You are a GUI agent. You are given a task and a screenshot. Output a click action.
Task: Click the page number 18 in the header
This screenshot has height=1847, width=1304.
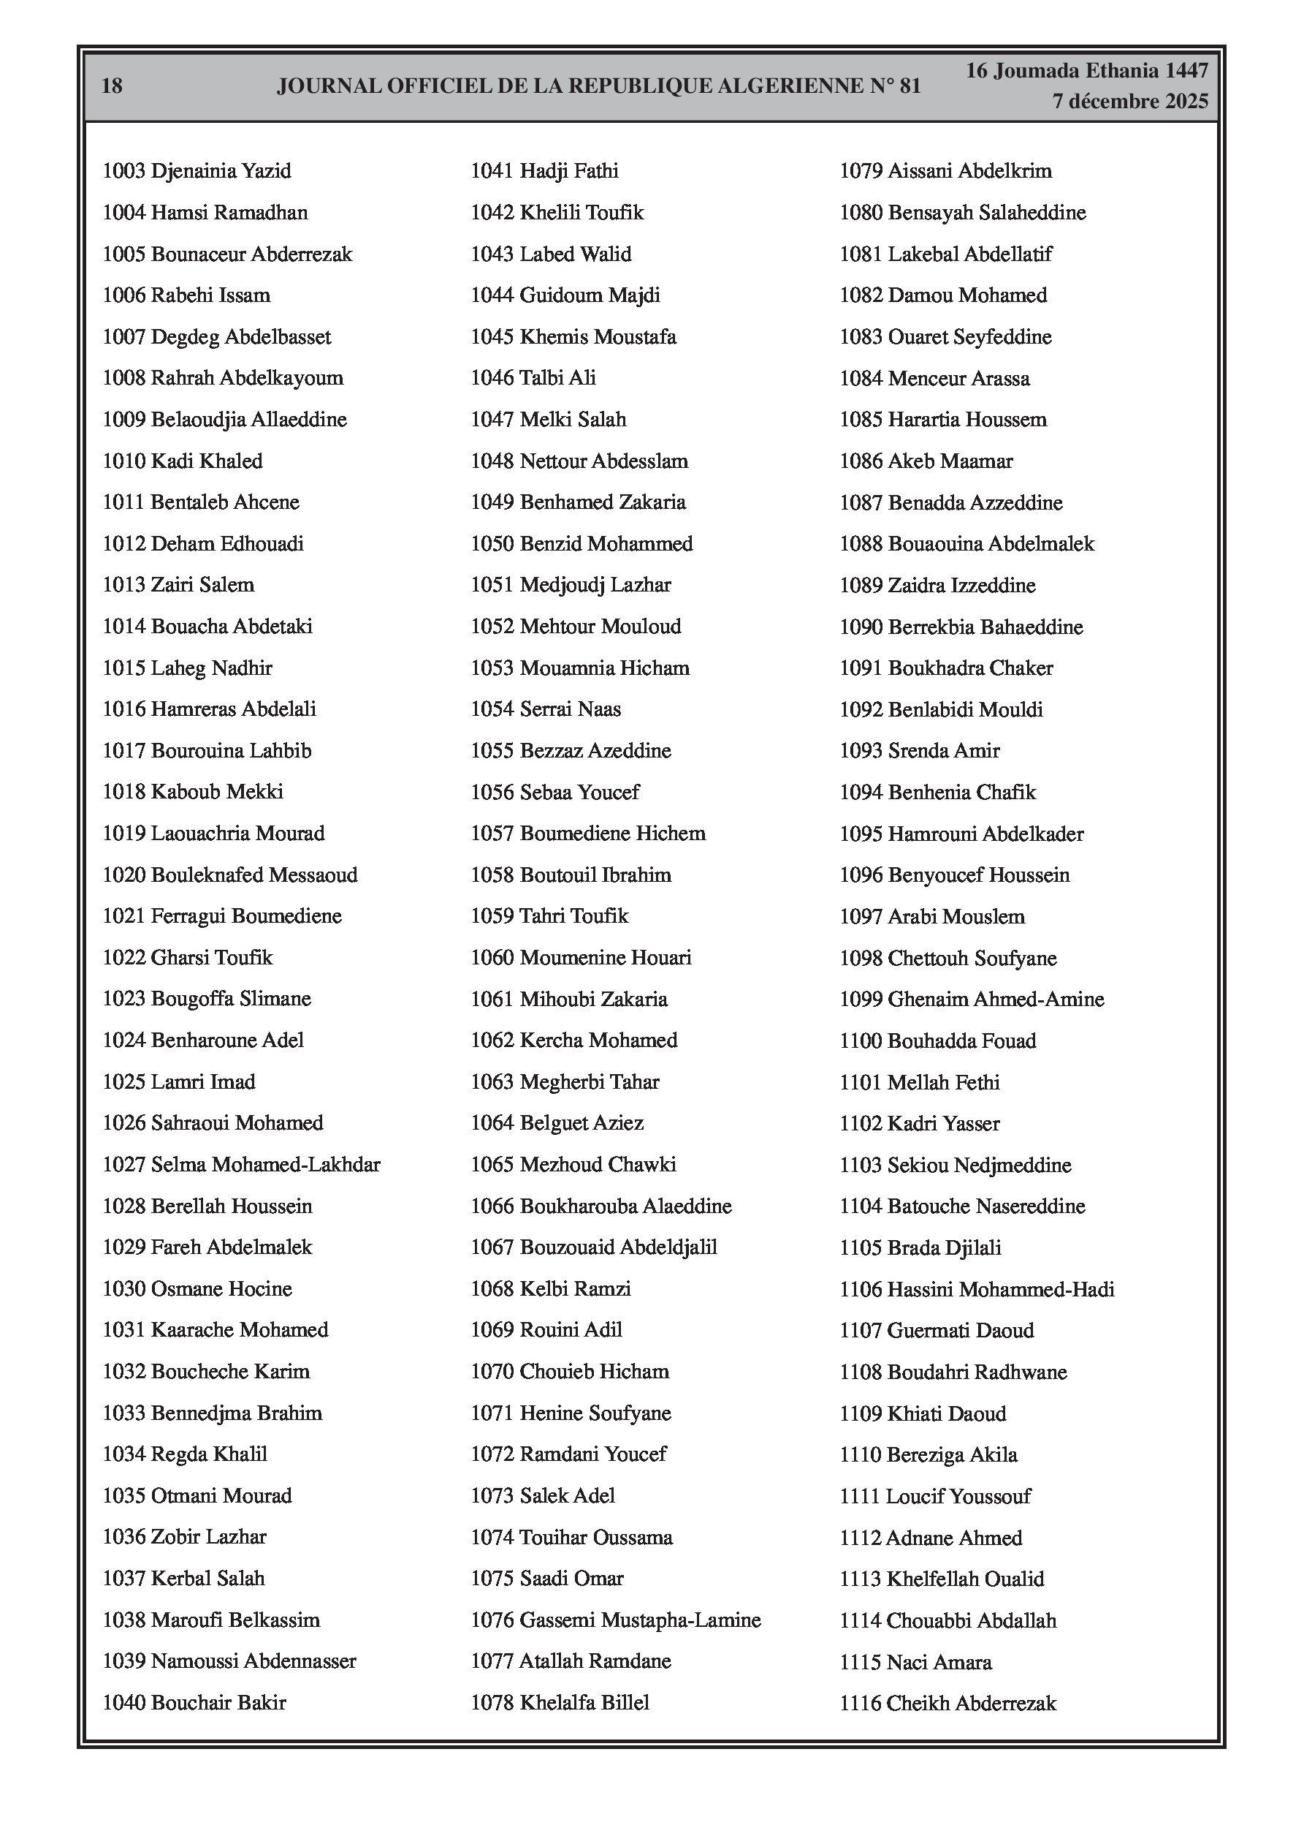[x=112, y=86]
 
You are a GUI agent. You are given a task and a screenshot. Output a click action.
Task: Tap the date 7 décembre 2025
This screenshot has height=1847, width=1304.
[x=1129, y=102]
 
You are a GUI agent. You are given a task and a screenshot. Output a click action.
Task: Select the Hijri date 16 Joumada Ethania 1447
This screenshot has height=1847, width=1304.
[x=1086, y=71]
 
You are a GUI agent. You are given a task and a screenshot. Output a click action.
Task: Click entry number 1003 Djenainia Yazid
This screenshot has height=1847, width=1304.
[x=197, y=170]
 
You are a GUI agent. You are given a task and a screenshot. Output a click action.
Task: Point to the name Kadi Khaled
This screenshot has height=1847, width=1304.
[x=207, y=461]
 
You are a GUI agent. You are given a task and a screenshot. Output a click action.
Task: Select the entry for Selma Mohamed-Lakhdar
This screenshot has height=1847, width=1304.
[x=241, y=1164]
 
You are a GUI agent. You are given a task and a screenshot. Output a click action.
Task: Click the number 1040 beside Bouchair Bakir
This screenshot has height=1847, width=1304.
[x=123, y=1702]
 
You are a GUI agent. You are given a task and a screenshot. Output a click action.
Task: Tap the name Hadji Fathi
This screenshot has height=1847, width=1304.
[x=569, y=170]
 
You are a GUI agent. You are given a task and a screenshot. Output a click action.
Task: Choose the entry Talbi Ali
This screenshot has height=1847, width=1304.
[x=533, y=378]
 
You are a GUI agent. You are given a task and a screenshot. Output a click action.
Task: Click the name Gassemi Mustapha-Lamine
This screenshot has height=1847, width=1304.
[x=640, y=1620]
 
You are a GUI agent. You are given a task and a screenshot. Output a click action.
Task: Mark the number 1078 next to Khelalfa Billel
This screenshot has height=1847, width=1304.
[x=492, y=1702]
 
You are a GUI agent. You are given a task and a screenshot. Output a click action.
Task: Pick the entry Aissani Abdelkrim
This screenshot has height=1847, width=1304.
[x=945, y=170]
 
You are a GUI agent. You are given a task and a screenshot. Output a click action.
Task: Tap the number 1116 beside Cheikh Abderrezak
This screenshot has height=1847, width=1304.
[x=861, y=1703]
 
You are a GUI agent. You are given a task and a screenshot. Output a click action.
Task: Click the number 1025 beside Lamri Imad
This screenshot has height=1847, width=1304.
[x=123, y=1082]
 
